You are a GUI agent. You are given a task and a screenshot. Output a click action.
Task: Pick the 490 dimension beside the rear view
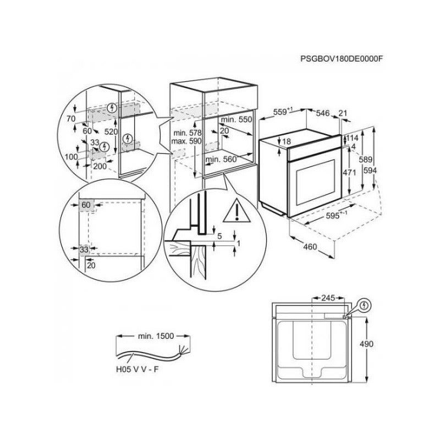[366, 344]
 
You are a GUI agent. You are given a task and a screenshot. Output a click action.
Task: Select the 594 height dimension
[370, 170]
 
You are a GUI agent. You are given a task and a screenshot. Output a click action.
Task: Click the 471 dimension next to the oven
[348, 172]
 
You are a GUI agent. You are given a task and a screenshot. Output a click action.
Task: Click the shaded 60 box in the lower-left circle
[85, 205]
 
